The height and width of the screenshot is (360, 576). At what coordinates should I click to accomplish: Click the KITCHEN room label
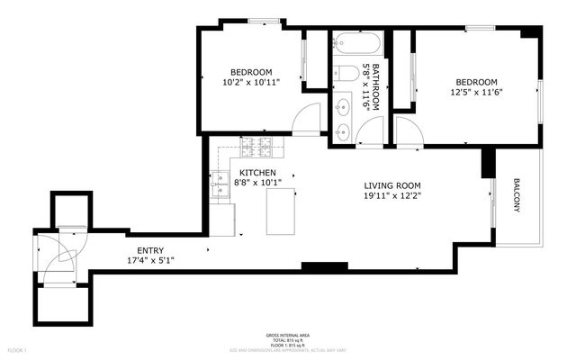[257, 173]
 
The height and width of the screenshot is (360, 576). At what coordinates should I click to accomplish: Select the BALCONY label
[517, 194]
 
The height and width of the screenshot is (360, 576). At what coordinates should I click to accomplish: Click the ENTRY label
[150, 250]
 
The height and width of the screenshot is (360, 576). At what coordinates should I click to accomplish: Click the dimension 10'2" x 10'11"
[251, 82]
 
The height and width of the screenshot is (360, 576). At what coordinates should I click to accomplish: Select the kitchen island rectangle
[282, 212]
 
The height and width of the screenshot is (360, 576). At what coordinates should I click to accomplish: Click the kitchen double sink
[219, 185]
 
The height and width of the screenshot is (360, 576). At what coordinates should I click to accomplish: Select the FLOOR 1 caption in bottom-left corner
[18, 349]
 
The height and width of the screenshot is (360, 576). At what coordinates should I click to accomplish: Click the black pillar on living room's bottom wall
[324, 266]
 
